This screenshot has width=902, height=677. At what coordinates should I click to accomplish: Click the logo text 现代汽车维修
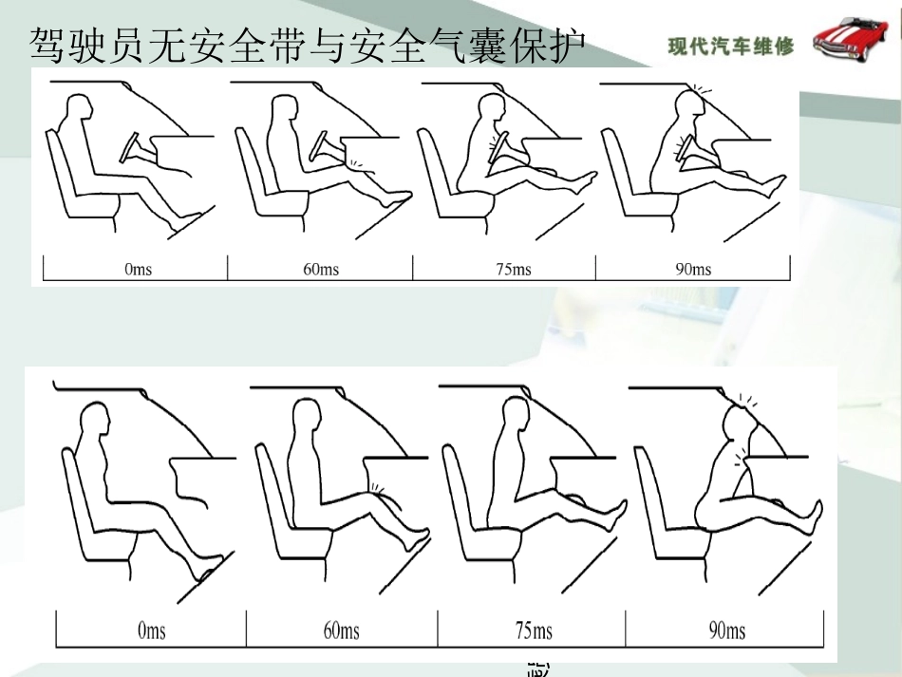click(730, 46)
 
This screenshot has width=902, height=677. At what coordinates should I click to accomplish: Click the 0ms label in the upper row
click(138, 270)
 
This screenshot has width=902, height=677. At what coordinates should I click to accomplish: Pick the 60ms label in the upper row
click(321, 270)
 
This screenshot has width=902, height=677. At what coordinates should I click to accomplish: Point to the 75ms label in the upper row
click(513, 270)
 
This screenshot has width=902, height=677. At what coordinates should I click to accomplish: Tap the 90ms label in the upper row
click(693, 270)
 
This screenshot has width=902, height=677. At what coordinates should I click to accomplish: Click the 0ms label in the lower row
click(151, 630)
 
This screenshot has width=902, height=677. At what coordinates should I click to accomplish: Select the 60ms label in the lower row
click(342, 630)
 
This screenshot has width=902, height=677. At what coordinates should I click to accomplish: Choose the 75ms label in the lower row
click(534, 630)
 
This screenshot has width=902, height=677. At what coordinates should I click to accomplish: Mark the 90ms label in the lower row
click(727, 630)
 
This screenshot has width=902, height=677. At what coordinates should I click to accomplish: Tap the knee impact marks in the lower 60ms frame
click(377, 489)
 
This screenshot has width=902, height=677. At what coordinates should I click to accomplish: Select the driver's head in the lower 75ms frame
click(514, 416)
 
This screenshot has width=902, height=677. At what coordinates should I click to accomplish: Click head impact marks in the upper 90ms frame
click(700, 90)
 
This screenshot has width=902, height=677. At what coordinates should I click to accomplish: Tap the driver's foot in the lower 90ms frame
click(813, 517)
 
